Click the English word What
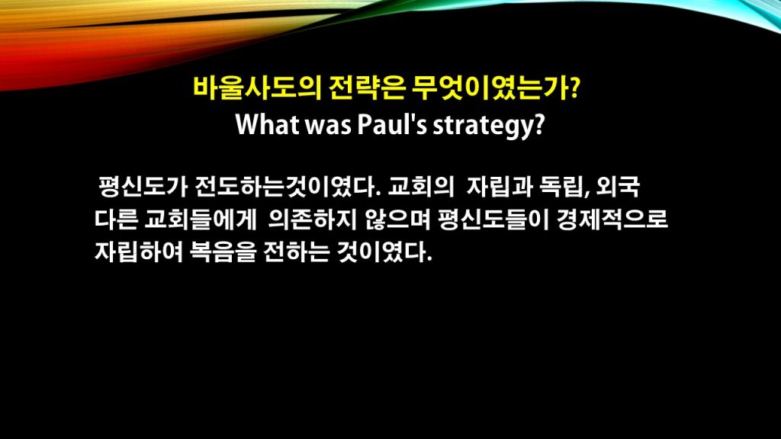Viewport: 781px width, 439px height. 266,124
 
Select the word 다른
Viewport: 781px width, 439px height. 116,219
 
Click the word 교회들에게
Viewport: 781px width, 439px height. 201,219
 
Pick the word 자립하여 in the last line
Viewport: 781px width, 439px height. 138,252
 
